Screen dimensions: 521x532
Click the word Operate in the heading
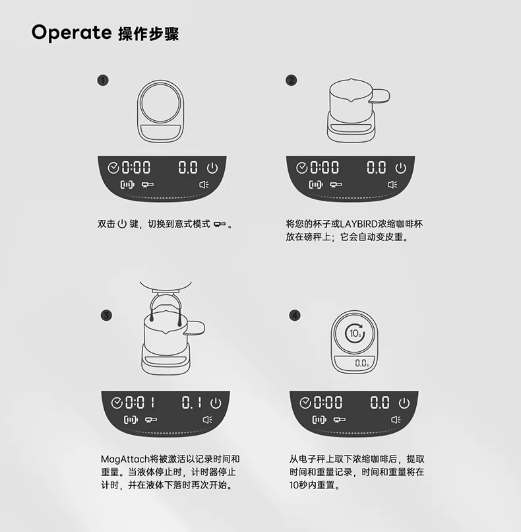tap(71, 33)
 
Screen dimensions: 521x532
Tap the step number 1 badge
tap(103, 81)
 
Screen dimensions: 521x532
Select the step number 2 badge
tap(291, 81)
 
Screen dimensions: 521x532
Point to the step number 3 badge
tap(106, 316)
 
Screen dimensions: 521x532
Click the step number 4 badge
tap(295, 316)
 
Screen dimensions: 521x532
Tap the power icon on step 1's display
tap(212, 168)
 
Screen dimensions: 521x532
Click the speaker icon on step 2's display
tap(392, 185)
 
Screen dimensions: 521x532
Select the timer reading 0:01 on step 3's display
tap(140, 403)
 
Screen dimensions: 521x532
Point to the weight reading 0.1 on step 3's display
tap(191, 403)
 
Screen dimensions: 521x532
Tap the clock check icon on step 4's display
tap(305, 403)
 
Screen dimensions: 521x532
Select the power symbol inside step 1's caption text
tap(122, 224)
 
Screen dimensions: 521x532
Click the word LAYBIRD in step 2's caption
tap(359, 224)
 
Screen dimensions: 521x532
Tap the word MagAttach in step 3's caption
tap(125, 459)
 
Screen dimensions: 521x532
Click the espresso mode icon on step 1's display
tap(148, 185)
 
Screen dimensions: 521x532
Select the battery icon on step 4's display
tap(319, 420)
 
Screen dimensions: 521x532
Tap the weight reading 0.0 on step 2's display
tap(377, 168)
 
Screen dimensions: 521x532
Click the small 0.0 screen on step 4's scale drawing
tap(355, 362)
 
